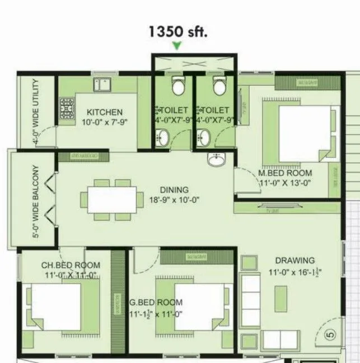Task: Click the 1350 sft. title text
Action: pos(177,31)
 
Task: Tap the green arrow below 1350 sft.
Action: pos(177,46)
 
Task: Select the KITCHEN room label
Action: pos(104,112)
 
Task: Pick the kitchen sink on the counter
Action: pos(102,85)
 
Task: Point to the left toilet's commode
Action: pos(178,86)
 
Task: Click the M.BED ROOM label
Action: pos(285,173)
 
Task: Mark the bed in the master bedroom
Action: pos(302,132)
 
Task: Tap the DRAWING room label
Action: pos(294,260)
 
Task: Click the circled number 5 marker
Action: pos(330,336)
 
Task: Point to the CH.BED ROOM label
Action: pos(71,265)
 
